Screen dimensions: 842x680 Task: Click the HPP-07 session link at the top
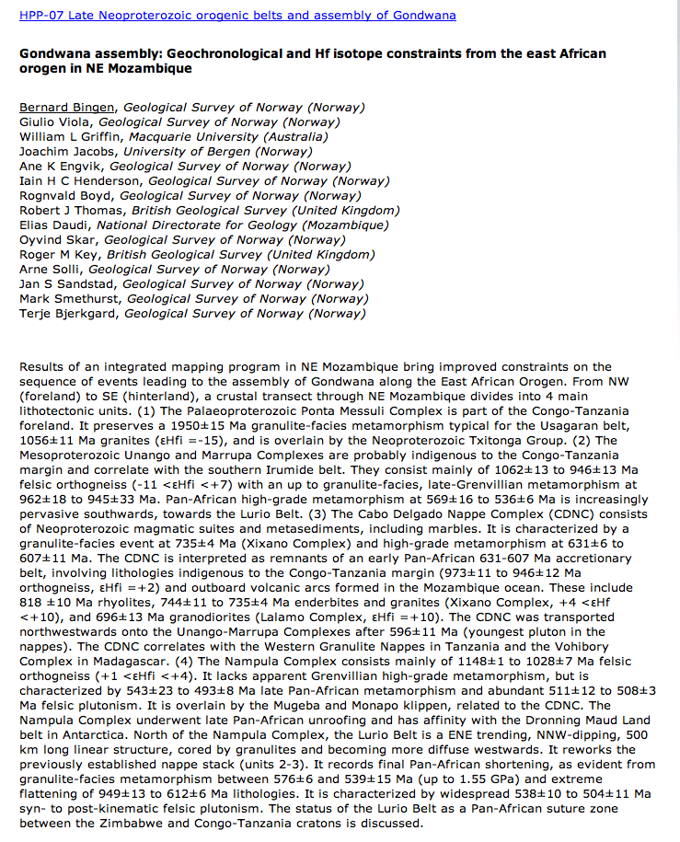pyautogui.click(x=237, y=16)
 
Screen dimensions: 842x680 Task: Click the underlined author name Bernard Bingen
pyautogui.click(x=68, y=108)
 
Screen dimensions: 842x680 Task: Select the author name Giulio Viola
pyautogui.click(x=56, y=122)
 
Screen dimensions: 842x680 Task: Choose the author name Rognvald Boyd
pyautogui.click(x=66, y=196)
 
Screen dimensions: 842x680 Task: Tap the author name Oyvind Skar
pyautogui.click(x=58, y=240)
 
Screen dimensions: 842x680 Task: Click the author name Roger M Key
pyautogui.click(x=60, y=255)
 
